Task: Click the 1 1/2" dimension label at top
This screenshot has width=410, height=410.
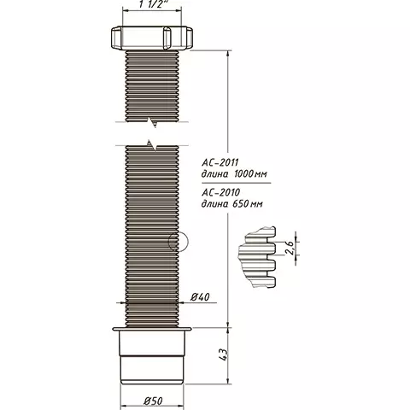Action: [151, 4]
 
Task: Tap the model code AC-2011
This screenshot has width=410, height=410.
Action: [220, 162]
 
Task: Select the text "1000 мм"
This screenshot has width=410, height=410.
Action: [250, 173]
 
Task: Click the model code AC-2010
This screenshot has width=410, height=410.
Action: [221, 192]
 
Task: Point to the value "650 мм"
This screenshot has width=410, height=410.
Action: [248, 204]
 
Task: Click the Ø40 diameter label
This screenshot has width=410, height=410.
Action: [200, 297]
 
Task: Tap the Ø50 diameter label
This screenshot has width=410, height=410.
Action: [153, 401]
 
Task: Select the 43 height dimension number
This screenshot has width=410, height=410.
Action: [224, 354]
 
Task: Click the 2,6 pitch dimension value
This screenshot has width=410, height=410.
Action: [289, 249]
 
